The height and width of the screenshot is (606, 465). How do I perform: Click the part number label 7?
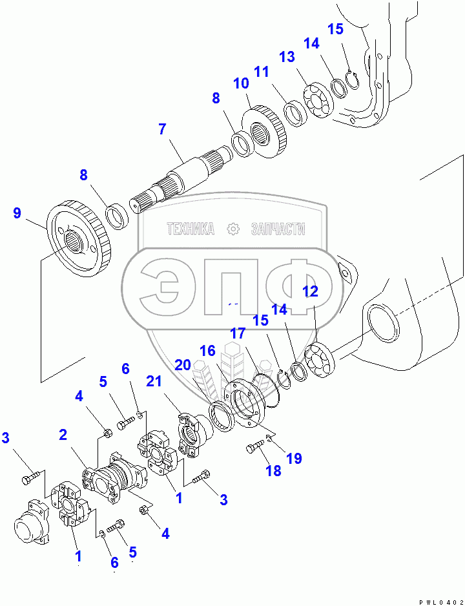coord(162,129)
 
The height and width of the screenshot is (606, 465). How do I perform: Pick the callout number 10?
coord(241,83)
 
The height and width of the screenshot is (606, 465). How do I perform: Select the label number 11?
coord(261,72)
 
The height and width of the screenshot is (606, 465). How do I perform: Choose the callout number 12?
coord(311,291)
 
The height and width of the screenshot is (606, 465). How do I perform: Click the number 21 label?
coord(153,382)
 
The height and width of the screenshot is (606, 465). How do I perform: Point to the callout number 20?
coord(183,365)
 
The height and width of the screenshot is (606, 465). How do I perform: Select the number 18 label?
coord(273,471)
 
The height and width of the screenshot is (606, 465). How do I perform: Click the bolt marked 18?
coord(256,447)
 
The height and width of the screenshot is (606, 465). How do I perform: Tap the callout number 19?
coord(294,459)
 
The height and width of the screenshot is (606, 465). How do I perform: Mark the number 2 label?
coord(63,434)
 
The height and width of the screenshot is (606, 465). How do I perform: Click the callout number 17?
coord(238,334)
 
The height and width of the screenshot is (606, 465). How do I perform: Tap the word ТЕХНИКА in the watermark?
coord(191,229)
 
